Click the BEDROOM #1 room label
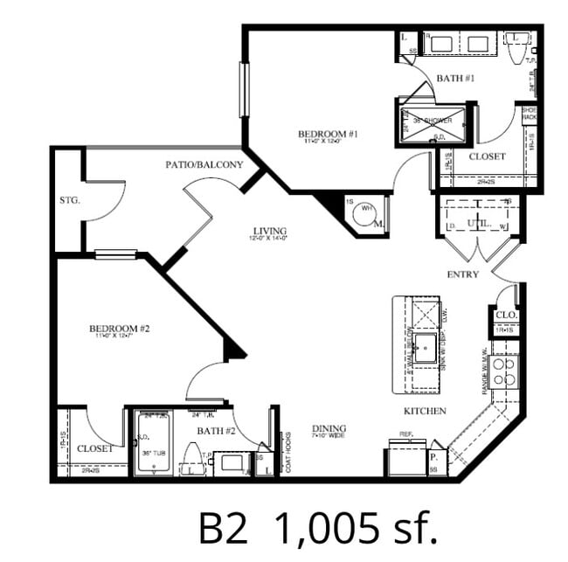tap(329, 135)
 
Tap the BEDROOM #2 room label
tap(121, 330)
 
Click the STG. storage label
tap(69, 200)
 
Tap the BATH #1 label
tap(454, 79)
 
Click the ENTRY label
tap(463, 274)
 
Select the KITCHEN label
tap(425, 411)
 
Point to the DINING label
tap(330, 428)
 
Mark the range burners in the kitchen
tap(504, 371)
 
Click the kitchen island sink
tap(426, 347)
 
